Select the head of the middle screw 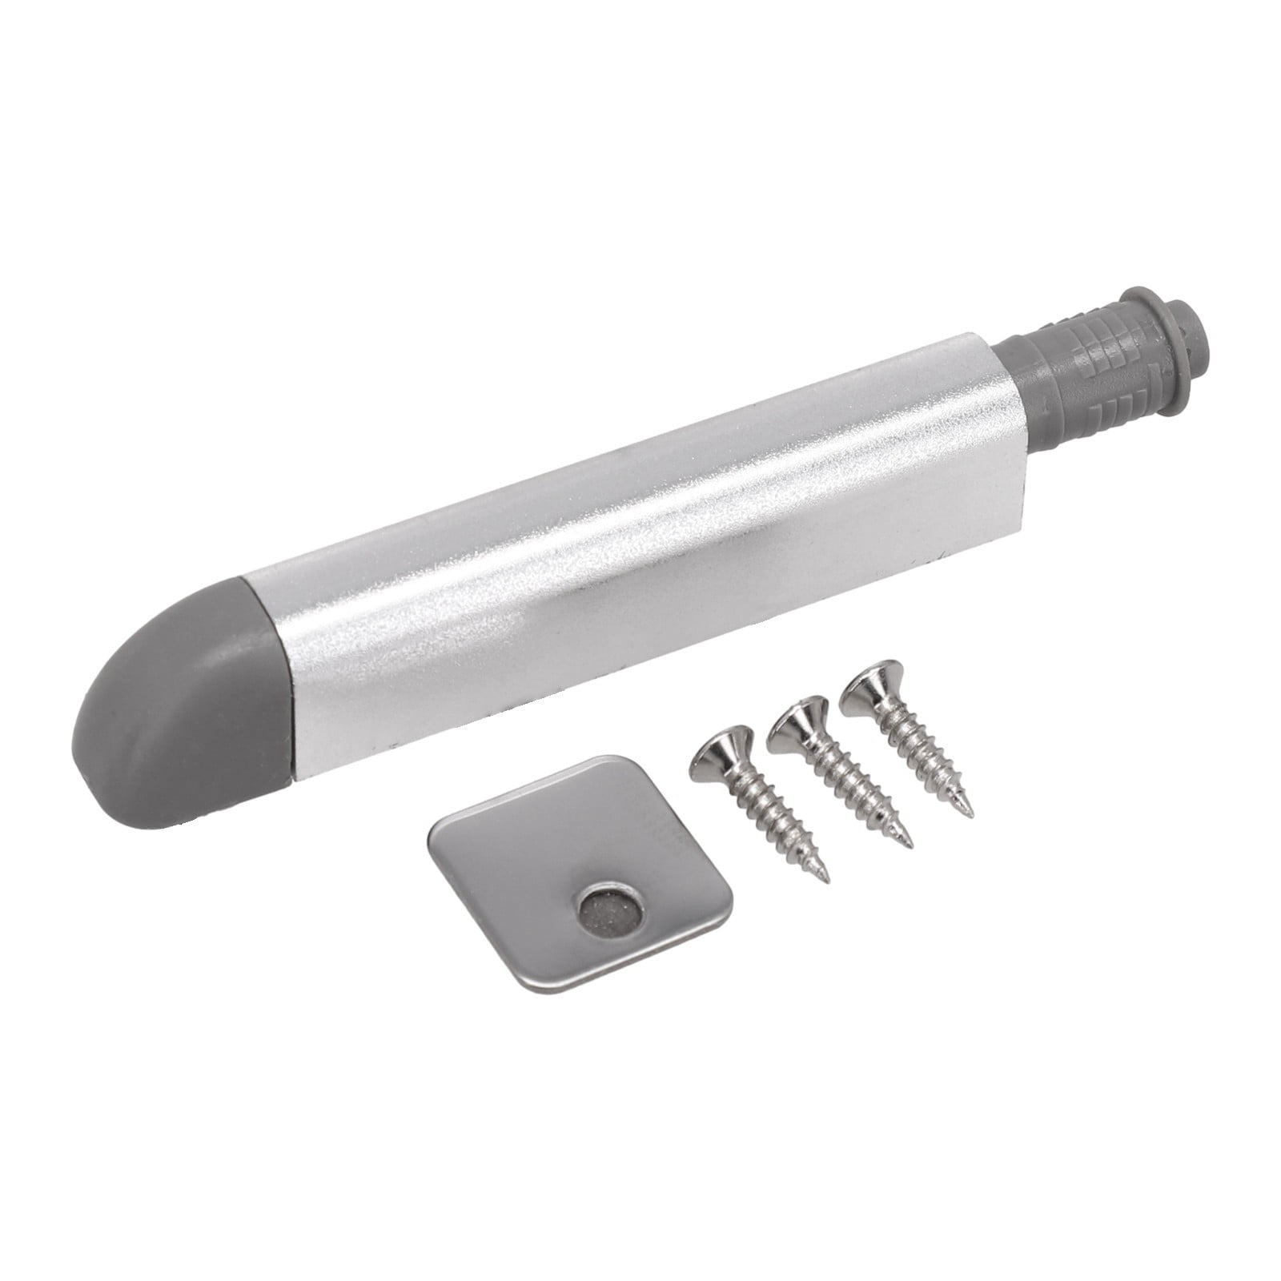tap(801, 717)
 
